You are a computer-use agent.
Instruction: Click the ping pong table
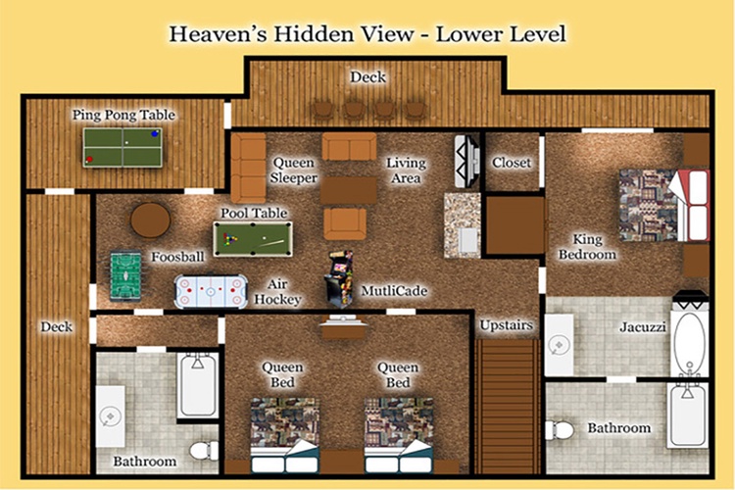[122, 147]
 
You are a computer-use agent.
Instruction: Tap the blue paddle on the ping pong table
[155, 134]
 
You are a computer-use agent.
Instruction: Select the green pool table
[253, 239]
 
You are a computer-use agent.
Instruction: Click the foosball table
[125, 276]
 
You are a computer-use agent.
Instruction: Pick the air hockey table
[211, 291]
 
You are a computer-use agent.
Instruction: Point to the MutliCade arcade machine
[339, 278]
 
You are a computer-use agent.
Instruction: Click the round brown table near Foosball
[151, 220]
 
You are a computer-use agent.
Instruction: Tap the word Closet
[512, 163]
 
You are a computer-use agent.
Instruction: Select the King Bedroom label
[587, 247]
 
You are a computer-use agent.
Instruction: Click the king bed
[664, 206]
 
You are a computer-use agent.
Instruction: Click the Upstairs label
[507, 325]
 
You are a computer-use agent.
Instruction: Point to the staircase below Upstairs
[508, 406]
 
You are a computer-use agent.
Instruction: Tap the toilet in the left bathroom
[205, 451]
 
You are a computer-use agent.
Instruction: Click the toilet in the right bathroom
[560, 430]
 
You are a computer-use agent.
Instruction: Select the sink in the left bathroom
[111, 416]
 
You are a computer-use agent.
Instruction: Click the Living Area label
[406, 171]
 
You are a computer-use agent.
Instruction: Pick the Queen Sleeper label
[294, 171]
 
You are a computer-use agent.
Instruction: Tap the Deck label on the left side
[56, 326]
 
